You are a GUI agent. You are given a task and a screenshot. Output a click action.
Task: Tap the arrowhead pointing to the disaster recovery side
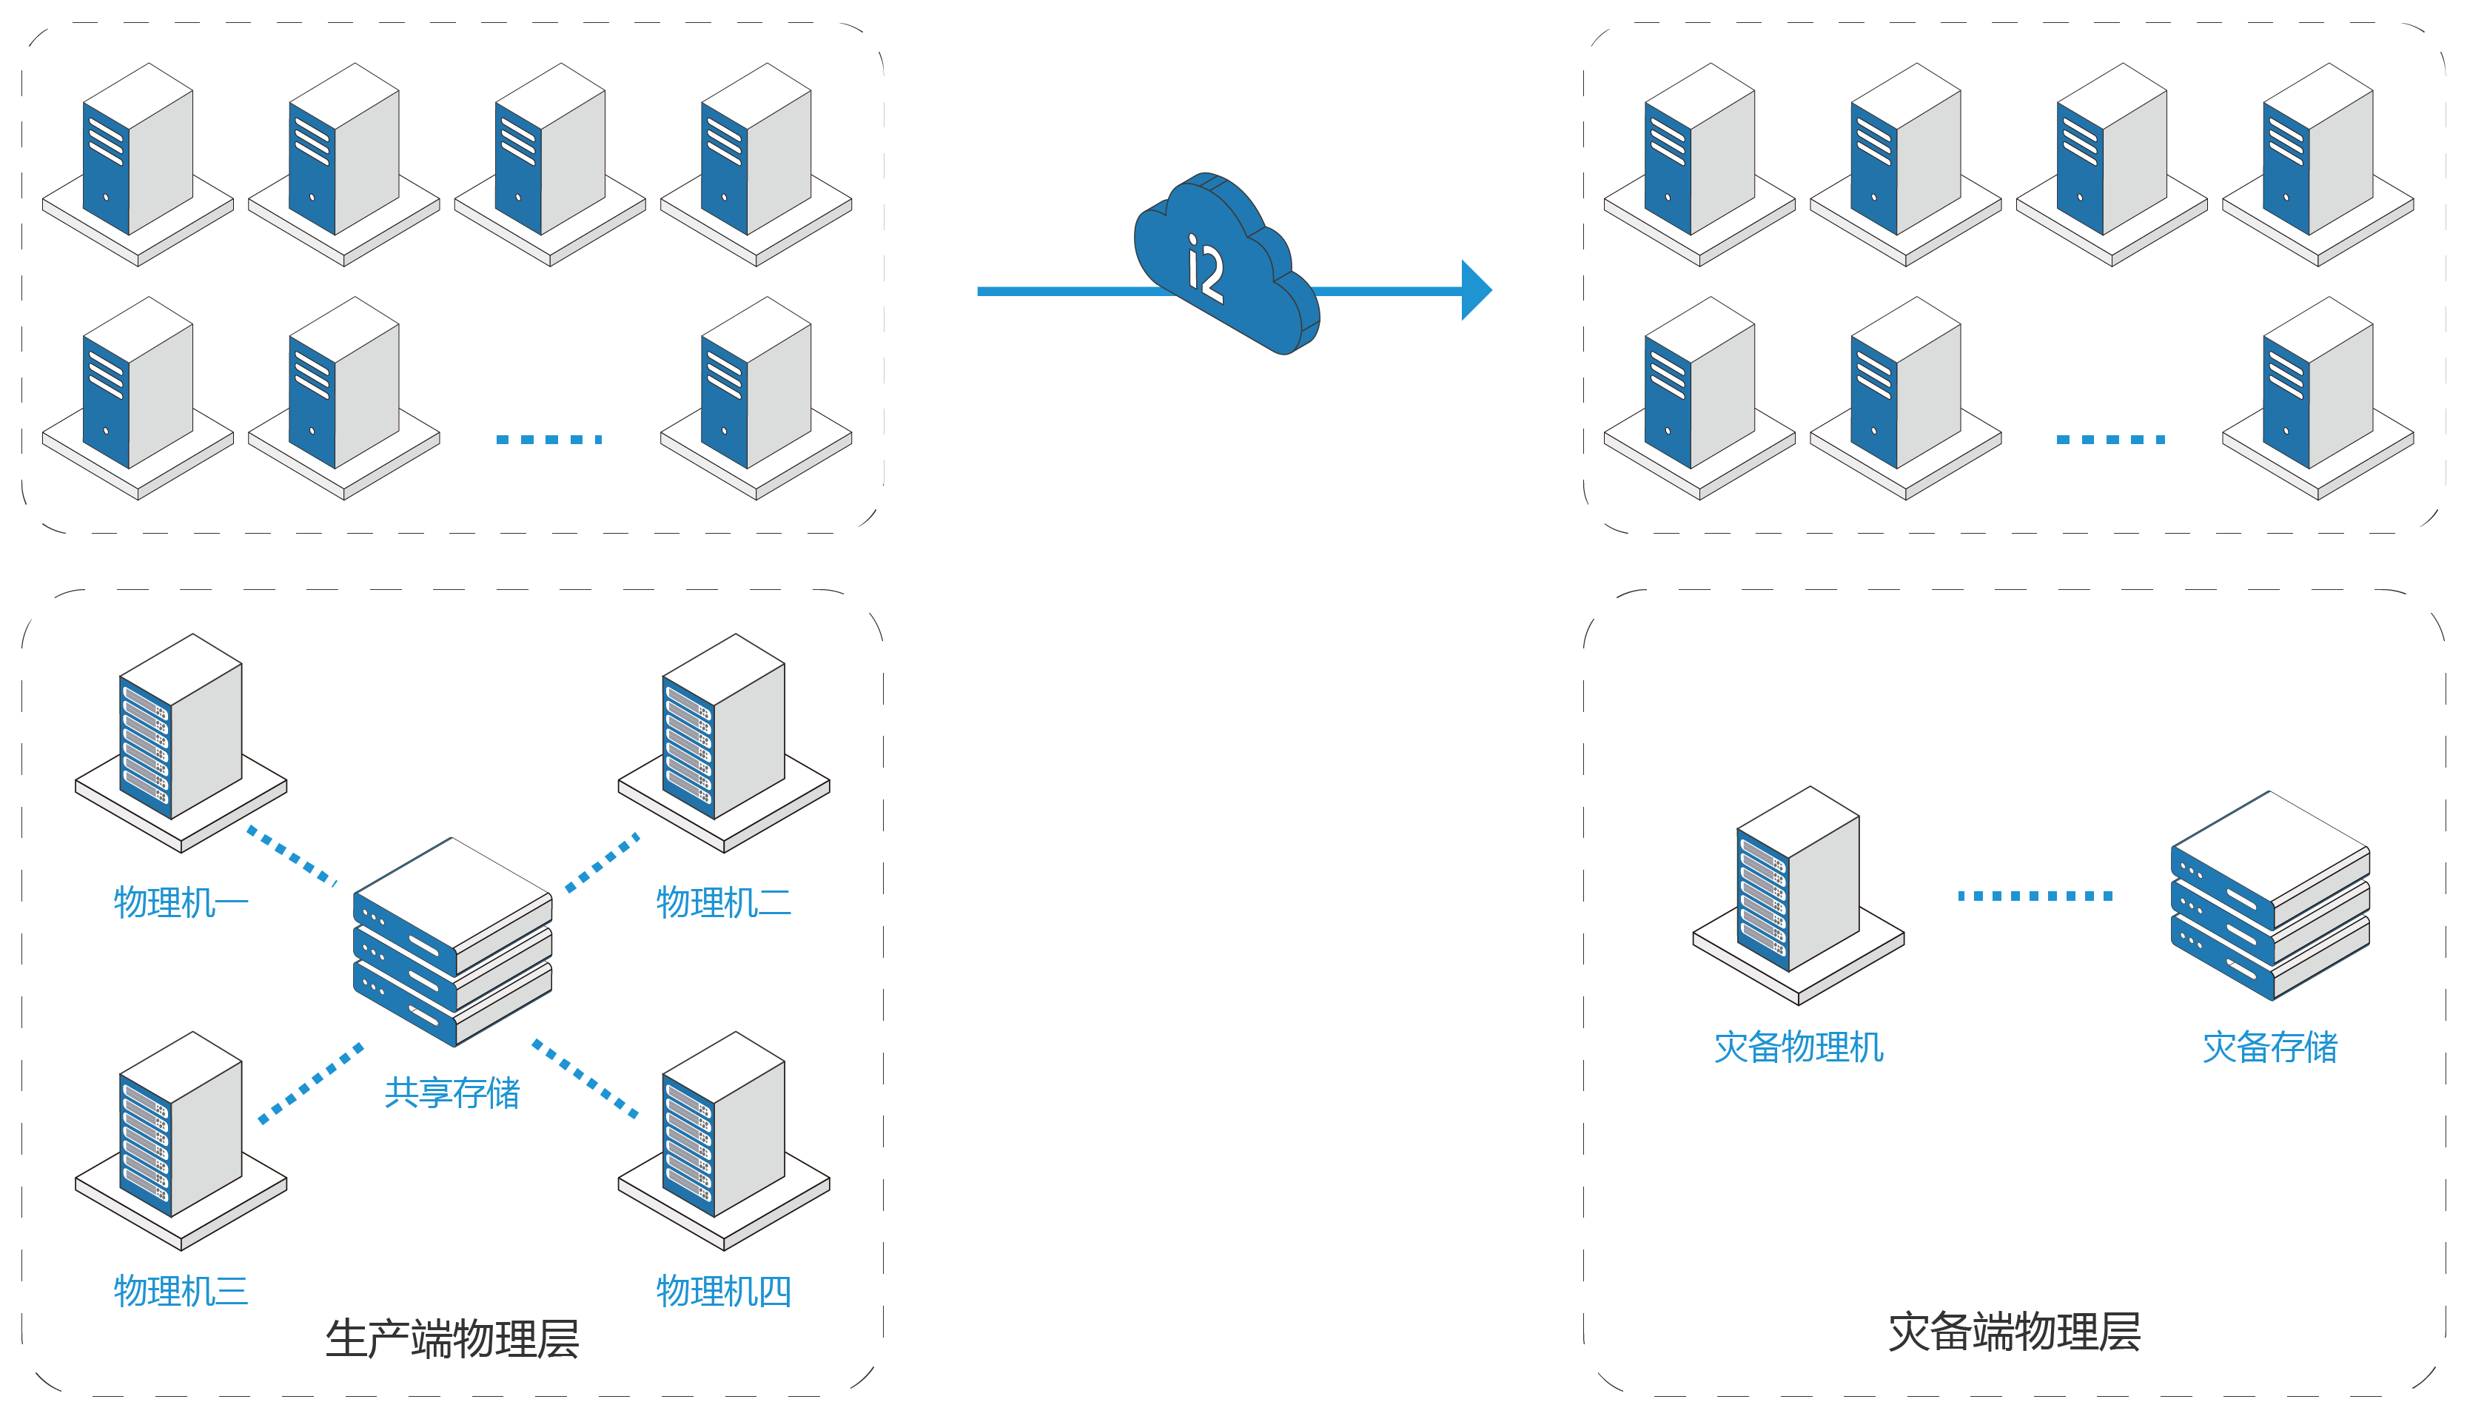(x=1476, y=289)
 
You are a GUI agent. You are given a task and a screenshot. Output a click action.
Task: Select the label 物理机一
(x=181, y=902)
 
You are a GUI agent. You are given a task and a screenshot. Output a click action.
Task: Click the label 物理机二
(x=723, y=902)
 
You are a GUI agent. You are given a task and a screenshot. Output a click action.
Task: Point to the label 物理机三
(x=181, y=1292)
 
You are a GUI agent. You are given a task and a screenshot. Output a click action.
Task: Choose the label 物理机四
(x=723, y=1292)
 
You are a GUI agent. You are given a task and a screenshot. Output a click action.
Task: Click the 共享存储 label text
(x=452, y=1093)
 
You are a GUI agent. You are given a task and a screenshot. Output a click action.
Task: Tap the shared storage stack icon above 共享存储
(x=452, y=942)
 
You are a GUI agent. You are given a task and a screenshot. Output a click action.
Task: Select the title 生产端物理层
(x=452, y=1339)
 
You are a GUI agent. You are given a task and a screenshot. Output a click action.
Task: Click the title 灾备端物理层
(x=2014, y=1332)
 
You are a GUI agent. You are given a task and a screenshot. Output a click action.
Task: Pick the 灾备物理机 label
(x=1799, y=1047)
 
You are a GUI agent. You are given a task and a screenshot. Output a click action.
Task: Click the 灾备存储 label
(x=2269, y=1047)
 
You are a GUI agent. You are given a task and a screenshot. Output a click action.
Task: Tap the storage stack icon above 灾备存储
(x=2269, y=896)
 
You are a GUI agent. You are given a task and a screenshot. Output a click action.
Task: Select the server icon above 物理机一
(x=181, y=742)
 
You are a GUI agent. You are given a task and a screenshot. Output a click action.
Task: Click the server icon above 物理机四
(x=723, y=1140)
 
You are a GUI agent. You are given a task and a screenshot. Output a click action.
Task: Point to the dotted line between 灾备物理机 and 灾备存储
(x=2035, y=896)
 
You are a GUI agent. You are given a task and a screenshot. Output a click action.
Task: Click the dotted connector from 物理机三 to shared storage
(x=311, y=1084)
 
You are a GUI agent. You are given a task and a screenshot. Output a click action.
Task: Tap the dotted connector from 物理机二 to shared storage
(x=603, y=862)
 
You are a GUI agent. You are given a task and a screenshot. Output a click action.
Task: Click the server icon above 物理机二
(x=723, y=742)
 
